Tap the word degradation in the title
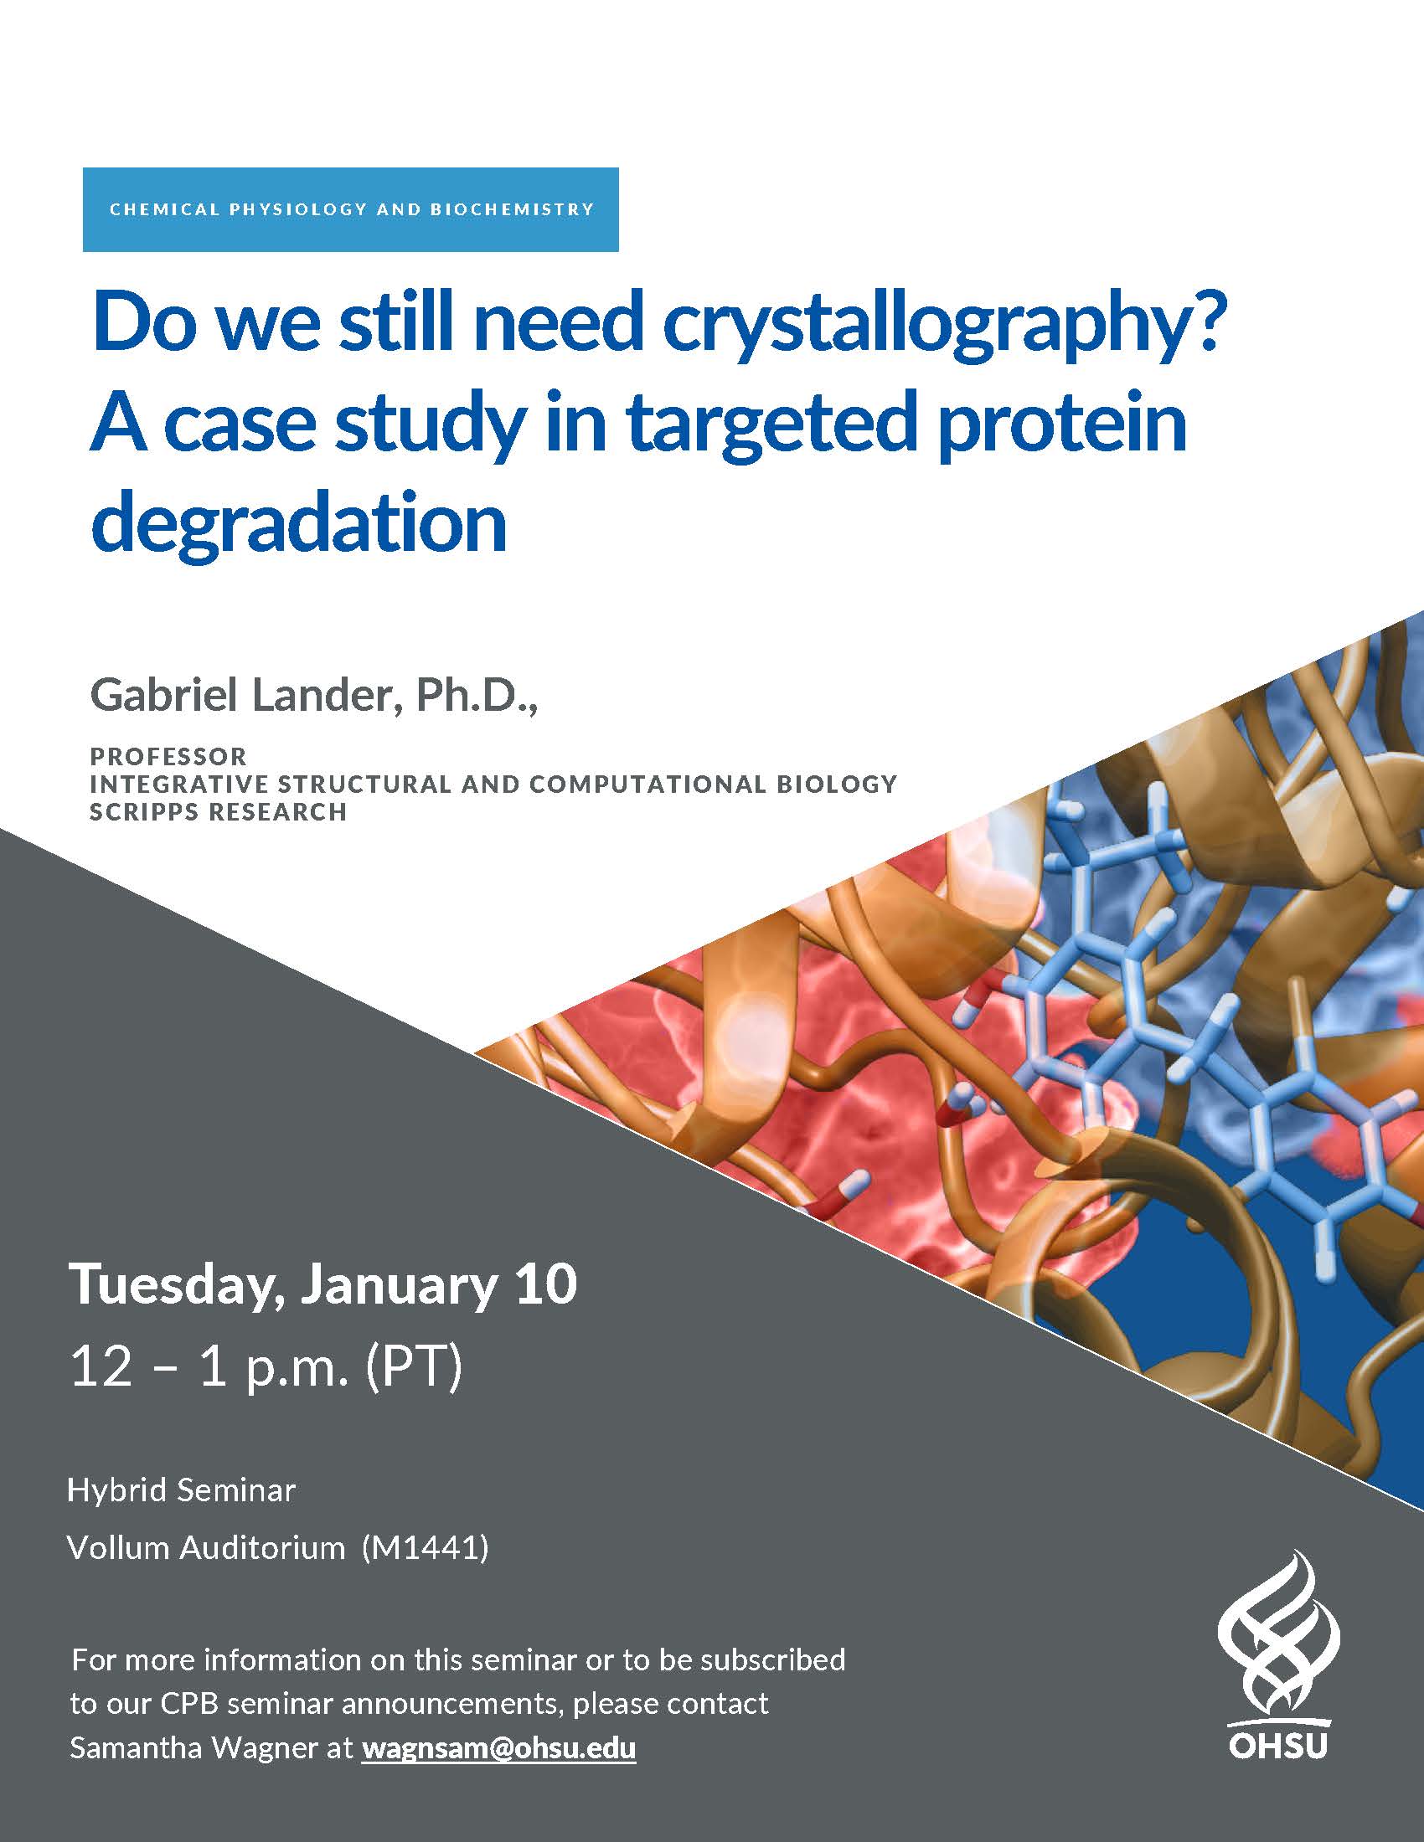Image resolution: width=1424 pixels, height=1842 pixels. pyautogui.click(x=299, y=524)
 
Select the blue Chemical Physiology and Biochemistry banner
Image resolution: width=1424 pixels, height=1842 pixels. pyautogui.click(x=351, y=209)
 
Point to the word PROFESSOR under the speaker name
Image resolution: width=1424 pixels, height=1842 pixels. pyautogui.click(x=168, y=756)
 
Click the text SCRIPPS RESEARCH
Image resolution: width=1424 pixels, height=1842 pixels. pyautogui.click(x=219, y=812)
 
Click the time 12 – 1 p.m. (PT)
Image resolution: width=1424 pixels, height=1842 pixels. pyautogui.click(x=266, y=1367)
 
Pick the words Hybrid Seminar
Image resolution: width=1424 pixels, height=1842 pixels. pyautogui.click(x=182, y=1491)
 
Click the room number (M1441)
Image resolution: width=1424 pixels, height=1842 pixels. pyautogui.click(x=426, y=1548)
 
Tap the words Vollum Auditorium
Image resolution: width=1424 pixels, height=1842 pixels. pyautogui.click(x=206, y=1547)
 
